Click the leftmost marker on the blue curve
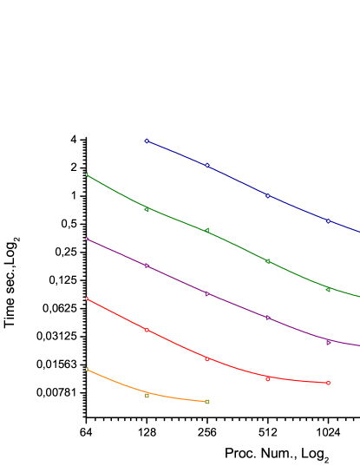147,141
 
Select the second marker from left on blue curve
207,165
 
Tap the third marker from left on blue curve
268,195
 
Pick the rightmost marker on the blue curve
329,220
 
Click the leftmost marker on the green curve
87,174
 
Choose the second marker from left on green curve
147,209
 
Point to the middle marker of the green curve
207,230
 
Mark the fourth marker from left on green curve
268,260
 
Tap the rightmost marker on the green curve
329,289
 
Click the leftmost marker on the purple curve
87,239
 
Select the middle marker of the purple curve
207,294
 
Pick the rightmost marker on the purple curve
329,343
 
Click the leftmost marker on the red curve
87,299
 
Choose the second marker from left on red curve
147,330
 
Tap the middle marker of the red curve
207,358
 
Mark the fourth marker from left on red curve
268,379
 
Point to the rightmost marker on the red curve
329,383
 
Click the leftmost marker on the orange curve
87,370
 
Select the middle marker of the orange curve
147,396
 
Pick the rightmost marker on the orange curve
207,402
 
